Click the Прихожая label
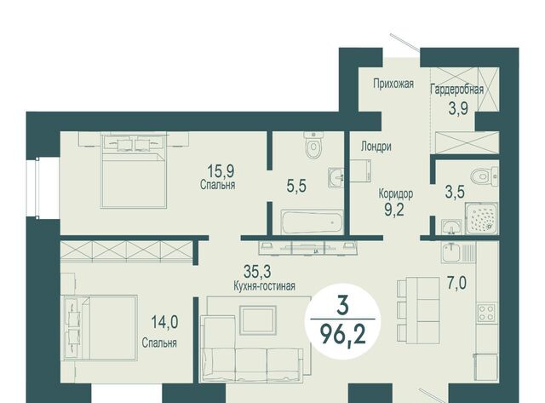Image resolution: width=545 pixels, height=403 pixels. (x=393, y=83)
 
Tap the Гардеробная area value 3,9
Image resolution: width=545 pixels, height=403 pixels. (x=458, y=108)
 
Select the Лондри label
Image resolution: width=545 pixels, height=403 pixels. (x=376, y=147)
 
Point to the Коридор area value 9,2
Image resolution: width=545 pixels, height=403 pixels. (x=394, y=210)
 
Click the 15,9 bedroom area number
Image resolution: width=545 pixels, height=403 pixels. (x=221, y=170)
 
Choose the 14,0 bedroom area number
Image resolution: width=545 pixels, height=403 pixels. (x=164, y=322)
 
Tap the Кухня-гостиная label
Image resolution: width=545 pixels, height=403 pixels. (x=265, y=286)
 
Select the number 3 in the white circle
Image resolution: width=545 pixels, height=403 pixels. (x=342, y=307)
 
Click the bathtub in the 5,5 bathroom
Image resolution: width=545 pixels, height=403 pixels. (x=312, y=222)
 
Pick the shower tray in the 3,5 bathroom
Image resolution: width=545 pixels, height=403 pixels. (x=481, y=218)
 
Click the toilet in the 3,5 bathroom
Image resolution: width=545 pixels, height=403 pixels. (x=485, y=176)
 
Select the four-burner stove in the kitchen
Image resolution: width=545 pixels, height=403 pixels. (x=486, y=312)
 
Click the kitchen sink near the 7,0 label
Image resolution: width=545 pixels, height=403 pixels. (x=455, y=252)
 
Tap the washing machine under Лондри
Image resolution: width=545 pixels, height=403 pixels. (x=360, y=170)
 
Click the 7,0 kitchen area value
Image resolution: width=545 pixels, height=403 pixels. (x=457, y=284)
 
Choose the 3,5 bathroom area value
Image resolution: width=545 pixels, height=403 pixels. (x=455, y=192)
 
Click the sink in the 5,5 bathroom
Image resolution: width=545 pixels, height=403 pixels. (x=336, y=177)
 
